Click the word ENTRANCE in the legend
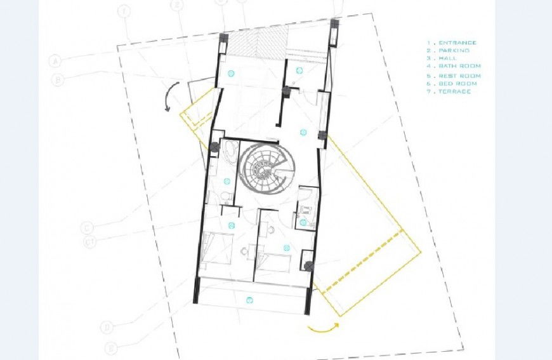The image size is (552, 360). [455, 43]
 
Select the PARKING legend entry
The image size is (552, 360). [452, 50]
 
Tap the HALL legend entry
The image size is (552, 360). [446, 58]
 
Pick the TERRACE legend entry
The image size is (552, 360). [452, 91]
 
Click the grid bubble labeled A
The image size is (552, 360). [55, 62]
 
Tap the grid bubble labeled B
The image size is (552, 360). [59, 80]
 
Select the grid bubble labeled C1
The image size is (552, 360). [91, 241]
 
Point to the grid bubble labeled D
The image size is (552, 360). [107, 327]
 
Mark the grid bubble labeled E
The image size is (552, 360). [112, 347]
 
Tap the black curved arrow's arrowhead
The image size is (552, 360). [168, 109]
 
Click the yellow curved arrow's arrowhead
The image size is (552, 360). [337, 324]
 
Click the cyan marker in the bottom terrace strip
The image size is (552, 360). [250, 300]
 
